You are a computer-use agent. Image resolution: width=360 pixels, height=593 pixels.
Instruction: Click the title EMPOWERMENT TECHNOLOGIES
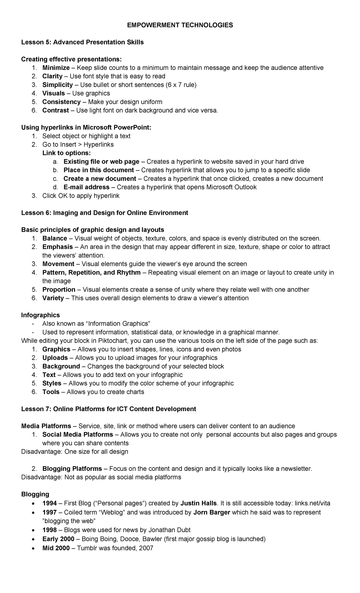point(180,25)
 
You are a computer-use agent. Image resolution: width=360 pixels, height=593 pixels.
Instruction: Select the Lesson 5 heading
point(82,42)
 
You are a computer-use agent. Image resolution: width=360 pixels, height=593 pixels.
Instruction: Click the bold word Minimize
point(56,68)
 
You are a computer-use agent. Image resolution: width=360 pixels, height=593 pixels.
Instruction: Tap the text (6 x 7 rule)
point(181,85)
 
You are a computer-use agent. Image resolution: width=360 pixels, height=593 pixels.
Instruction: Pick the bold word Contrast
point(55,110)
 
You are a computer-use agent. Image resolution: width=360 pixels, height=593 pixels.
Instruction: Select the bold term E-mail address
point(86,187)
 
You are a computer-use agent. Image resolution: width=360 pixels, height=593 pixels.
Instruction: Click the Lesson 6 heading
point(104,213)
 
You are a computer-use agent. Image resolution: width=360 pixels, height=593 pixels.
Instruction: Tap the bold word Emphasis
point(58,247)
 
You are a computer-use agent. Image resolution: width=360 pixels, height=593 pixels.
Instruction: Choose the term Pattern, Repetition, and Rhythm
point(91,272)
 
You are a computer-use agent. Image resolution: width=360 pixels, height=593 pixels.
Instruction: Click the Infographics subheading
point(40,315)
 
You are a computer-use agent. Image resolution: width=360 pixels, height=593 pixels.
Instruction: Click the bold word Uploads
point(55,358)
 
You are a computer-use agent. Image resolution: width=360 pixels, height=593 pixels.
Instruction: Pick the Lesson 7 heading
point(109,409)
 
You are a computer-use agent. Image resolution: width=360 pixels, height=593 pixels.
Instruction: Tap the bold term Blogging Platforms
point(72,469)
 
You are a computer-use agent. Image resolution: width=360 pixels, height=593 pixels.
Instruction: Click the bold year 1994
point(49,503)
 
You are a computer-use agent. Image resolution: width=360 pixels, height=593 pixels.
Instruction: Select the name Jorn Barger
point(212,512)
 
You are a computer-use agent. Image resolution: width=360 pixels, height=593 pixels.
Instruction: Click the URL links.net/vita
point(312,503)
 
